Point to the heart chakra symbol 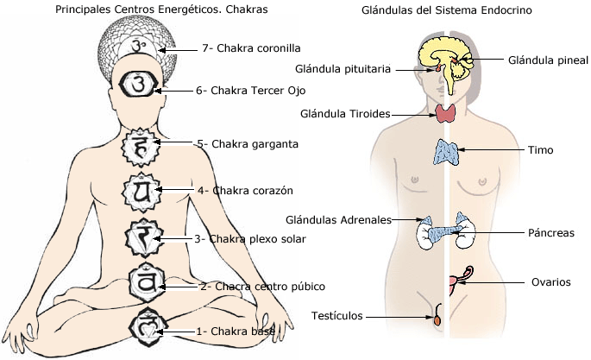pyautogui.click(x=143, y=190)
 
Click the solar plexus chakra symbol pyautogui.click(x=145, y=237)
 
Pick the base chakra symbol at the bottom pyautogui.click(x=145, y=327)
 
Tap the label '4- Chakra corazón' pyautogui.click(x=246, y=190)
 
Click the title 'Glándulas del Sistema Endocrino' pyautogui.click(x=447, y=11)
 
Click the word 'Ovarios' pyautogui.click(x=552, y=281)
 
